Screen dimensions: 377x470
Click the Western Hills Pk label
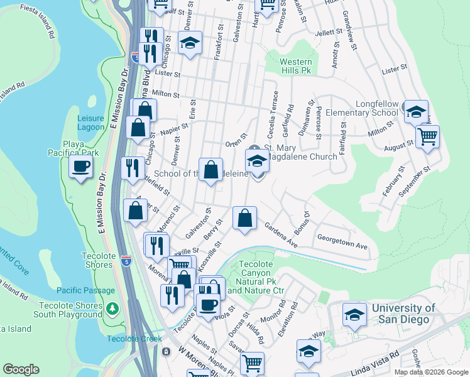coord(295,67)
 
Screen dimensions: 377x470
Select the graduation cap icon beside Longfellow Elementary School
coord(415,112)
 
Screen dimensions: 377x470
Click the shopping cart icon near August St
coord(427,136)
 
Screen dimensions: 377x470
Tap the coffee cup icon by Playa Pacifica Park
coord(81,167)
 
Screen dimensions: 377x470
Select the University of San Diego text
coord(403,314)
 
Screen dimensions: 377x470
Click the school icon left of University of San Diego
coord(355,314)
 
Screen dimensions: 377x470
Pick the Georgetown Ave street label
coord(342,243)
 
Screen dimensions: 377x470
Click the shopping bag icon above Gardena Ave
coord(245,219)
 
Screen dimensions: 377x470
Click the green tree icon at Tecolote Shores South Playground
coord(112,309)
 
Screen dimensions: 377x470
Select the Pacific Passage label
coord(85,290)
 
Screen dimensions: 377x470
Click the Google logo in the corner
coord(21,369)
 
